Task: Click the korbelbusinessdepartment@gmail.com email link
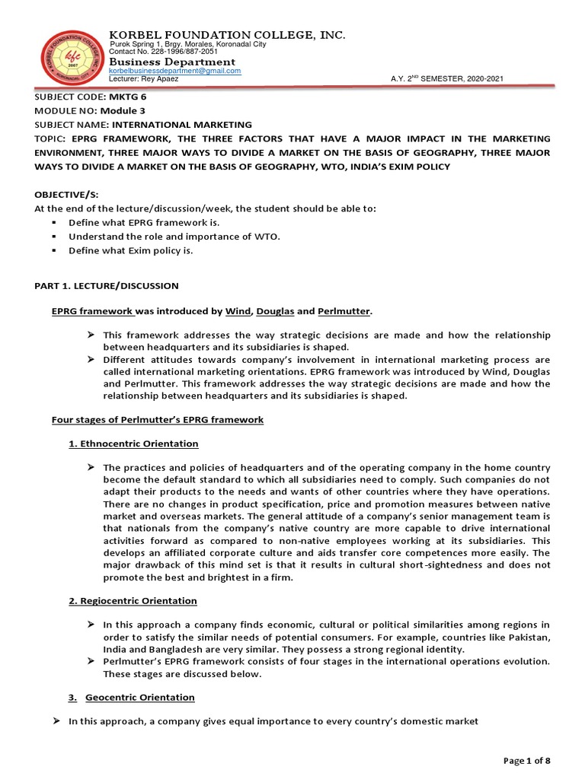(x=175, y=71)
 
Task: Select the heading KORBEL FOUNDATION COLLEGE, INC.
(x=228, y=35)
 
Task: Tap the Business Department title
(x=172, y=62)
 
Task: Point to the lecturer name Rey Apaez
(x=164, y=79)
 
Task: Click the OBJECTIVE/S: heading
(x=67, y=195)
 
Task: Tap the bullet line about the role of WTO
(x=174, y=237)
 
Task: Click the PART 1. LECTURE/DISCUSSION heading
(x=107, y=286)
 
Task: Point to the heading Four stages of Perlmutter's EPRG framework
(x=157, y=420)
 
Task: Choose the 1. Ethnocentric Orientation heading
(x=133, y=444)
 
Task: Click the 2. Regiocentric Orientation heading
(x=133, y=601)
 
